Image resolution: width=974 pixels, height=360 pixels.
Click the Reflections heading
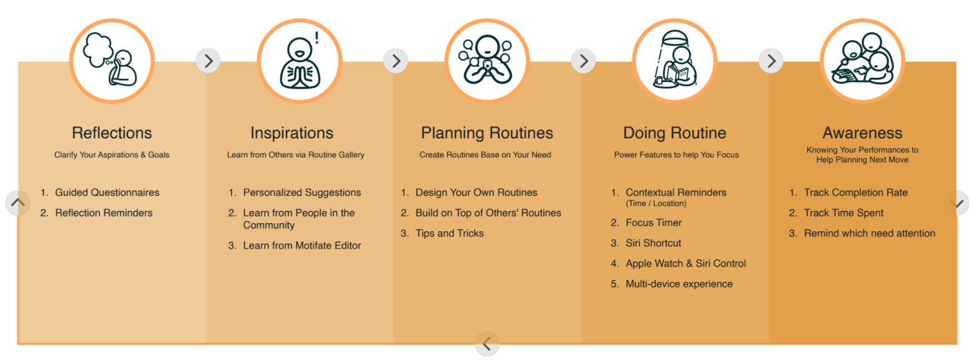click(x=112, y=133)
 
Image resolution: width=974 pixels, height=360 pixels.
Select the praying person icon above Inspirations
click(x=299, y=61)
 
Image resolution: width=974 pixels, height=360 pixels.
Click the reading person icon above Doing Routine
click(x=675, y=61)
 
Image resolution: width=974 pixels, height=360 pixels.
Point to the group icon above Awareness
click(x=862, y=61)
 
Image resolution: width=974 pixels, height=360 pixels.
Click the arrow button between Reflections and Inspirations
click(x=208, y=61)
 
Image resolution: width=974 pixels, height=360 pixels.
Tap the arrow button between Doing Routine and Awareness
click(x=771, y=61)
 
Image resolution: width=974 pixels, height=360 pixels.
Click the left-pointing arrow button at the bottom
click(x=487, y=344)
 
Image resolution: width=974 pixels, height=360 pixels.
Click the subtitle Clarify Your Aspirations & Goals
click(x=112, y=155)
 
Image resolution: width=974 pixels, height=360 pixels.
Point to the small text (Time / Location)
click(x=656, y=204)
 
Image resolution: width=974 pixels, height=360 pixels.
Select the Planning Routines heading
click(x=487, y=133)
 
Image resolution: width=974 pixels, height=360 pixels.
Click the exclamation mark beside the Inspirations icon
click(x=317, y=38)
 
